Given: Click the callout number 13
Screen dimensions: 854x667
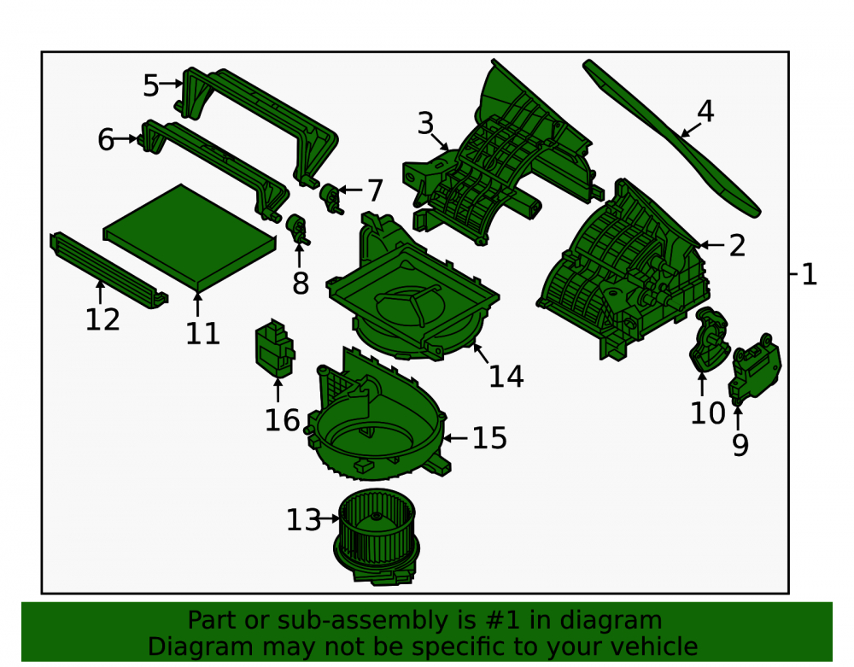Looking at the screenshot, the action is (x=304, y=519).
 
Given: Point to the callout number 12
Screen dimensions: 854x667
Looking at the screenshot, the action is (x=102, y=319).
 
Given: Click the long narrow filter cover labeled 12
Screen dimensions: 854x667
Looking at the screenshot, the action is (x=109, y=270).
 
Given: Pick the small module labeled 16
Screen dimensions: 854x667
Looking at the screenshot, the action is (x=275, y=349).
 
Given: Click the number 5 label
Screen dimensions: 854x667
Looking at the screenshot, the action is (x=151, y=85).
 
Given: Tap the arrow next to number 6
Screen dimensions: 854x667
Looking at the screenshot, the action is (x=126, y=139).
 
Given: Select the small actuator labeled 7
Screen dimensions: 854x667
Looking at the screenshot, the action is (x=330, y=198).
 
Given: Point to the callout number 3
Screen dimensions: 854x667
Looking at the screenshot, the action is (x=426, y=124).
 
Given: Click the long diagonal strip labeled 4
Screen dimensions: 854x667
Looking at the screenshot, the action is (x=671, y=138).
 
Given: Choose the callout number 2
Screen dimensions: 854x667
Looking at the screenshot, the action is (x=737, y=246).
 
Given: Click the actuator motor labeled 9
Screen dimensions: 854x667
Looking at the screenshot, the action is (x=755, y=369).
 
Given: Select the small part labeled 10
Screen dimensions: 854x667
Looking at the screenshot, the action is (x=708, y=340).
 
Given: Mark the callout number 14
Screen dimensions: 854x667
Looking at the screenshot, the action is (x=506, y=377).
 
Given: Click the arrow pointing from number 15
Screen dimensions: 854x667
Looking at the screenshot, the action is (x=455, y=438).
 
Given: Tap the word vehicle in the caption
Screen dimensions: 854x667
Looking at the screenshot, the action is (x=659, y=647).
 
